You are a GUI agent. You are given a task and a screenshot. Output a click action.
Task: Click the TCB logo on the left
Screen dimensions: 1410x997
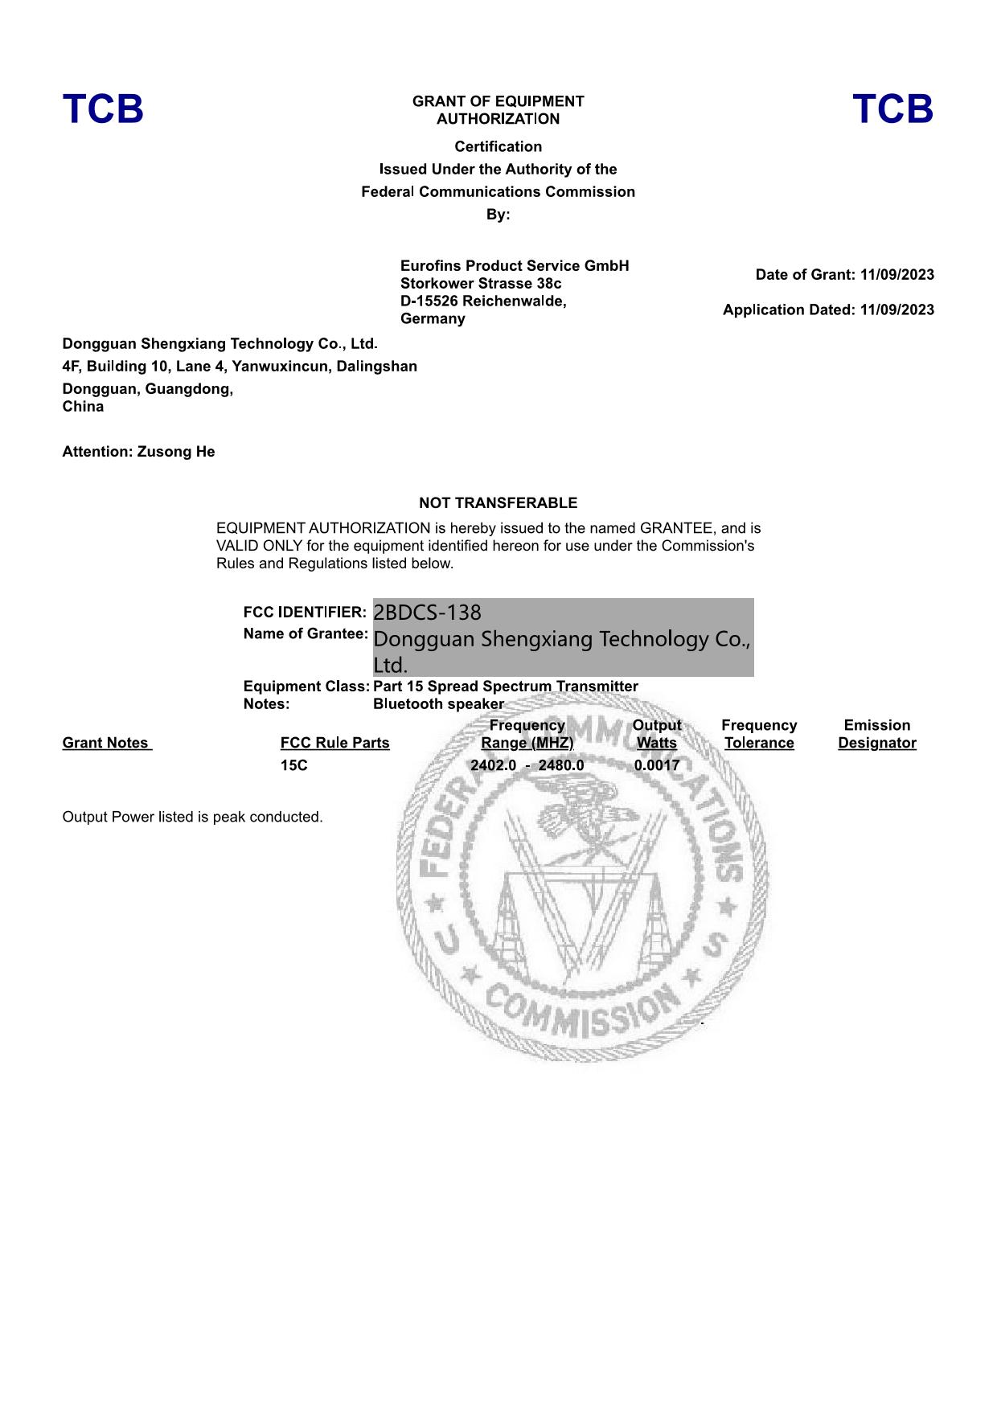tap(103, 109)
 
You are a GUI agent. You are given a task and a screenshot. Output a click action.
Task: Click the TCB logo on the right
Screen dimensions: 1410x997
tap(892, 109)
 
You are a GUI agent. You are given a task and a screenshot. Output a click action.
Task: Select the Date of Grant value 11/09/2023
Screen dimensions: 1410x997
tap(896, 275)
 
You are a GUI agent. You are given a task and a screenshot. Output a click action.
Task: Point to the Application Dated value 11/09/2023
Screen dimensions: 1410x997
tap(896, 310)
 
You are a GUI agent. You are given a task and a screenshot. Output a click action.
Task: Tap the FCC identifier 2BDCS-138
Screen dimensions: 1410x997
tap(427, 613)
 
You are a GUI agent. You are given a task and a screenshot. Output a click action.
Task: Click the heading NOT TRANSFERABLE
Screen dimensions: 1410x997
tap(498, 503)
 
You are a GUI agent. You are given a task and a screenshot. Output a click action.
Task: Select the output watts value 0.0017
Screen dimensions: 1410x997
tap(656, 765)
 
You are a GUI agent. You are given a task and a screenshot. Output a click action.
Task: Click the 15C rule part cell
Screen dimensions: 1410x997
tap(293, 765)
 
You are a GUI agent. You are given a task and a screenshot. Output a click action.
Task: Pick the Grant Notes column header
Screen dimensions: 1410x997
tap(106, 743)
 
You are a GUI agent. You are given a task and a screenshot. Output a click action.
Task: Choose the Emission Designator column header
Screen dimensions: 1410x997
tap(876, 734)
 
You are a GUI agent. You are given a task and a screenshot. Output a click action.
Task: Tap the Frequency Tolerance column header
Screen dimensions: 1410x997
tap(759, 734)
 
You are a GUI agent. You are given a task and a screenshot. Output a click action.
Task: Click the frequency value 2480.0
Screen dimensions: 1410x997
tap(561, 765)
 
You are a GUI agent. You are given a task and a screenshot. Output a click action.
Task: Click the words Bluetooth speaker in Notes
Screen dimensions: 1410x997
tap(438, 704)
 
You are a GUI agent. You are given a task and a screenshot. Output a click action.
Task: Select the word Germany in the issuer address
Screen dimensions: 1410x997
tap(433, 319)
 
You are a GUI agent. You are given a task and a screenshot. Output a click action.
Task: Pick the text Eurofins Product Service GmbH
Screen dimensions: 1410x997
tap(515, 266)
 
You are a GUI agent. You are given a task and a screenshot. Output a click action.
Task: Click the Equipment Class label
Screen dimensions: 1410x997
tap(306, 687)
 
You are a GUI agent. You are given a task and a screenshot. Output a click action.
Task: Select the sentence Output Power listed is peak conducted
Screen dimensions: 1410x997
tap(192, 817)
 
